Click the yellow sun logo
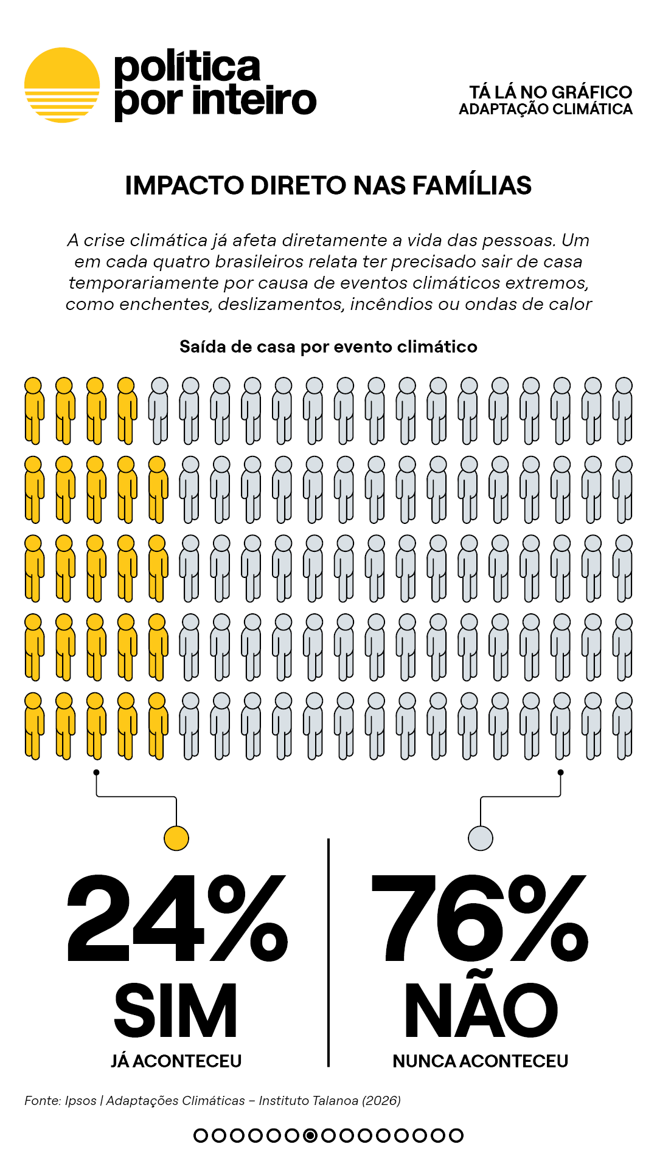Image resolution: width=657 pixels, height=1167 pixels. tap(62, 85)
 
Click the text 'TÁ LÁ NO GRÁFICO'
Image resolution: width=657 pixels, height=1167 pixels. tap(551, 92)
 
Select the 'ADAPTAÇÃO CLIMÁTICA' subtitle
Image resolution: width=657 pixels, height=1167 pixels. tap(546, 109)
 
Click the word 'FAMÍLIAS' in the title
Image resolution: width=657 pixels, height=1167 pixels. tap(472, 185)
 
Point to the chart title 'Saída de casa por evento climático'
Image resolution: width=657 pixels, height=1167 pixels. tap(328, 346)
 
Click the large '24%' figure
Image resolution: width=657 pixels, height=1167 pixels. tap(176, 918)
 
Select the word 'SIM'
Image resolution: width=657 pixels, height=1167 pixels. tap(176, 1010)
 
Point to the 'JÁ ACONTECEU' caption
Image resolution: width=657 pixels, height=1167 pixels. tap(176, 1061)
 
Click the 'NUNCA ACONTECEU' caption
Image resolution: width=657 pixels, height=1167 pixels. tap(481, 1061)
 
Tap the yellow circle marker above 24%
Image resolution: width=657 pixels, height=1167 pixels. tap(176, 838)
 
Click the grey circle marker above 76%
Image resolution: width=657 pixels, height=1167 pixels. tap(481, 838)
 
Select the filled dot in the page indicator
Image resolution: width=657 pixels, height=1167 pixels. tap(310, 1135)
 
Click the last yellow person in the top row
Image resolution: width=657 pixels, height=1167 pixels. tap(127, 410)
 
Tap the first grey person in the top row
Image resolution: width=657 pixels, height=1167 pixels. tap(158, 410)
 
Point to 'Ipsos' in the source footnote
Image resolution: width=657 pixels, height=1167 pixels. tap(81, 1101)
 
